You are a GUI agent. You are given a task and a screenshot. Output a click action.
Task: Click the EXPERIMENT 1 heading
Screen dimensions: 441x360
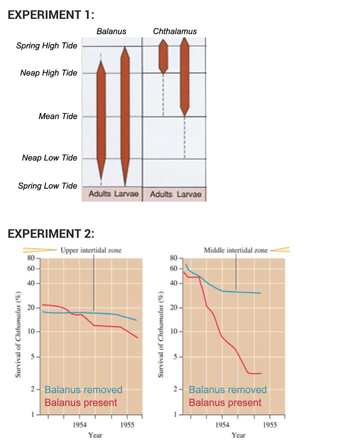point(51,15)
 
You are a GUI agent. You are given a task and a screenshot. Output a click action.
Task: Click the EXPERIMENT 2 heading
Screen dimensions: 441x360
point(51,234)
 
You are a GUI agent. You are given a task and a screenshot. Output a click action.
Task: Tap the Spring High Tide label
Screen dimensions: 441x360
point(46,46)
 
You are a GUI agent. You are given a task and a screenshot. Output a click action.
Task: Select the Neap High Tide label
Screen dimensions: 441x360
point(48,73)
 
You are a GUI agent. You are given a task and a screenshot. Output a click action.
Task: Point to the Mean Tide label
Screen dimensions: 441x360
point(58,116)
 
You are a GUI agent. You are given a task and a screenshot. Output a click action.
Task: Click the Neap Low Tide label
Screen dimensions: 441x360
point(50,158)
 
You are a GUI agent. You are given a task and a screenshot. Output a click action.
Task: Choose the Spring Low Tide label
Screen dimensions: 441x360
point(48,186)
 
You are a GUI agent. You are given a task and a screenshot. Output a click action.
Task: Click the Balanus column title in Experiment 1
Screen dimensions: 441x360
point(111,31)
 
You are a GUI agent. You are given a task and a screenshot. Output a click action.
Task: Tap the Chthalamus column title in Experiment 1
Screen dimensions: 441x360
point(175,31)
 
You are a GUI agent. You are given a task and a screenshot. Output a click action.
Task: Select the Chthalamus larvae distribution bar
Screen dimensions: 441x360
point(185,77)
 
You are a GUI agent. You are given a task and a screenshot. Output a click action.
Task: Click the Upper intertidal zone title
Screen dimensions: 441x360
point(91,250)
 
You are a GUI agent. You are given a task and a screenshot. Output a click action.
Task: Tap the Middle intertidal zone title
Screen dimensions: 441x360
point(236,250)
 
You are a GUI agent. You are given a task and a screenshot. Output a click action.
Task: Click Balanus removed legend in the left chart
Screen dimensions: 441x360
point(83,390)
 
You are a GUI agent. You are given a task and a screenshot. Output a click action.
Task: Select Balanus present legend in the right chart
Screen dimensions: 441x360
point(225,402)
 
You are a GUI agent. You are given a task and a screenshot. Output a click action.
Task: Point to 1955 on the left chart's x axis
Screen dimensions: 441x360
point(126,425)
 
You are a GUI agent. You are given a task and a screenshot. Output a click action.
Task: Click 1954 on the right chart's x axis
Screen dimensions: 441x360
point(223,425)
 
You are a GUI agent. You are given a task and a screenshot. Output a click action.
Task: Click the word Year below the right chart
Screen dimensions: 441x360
point(238,435)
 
